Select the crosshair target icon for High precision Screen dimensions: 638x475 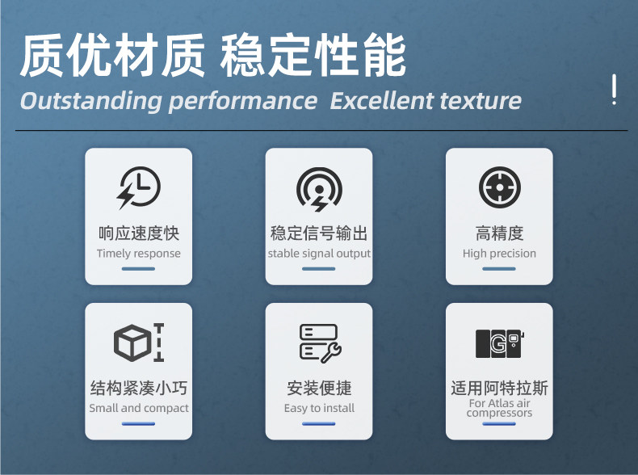500,187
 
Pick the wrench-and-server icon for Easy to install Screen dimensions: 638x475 321,343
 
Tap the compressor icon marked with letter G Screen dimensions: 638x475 500,343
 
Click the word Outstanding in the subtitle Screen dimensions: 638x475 91,101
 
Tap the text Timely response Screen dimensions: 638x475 139,254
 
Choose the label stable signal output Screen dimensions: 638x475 319,254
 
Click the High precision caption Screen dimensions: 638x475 499,254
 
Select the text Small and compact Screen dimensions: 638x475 139,408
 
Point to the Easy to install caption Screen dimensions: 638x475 320,408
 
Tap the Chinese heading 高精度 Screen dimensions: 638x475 499,233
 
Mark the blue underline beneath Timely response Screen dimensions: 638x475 138,269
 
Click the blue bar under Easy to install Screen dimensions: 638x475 318,424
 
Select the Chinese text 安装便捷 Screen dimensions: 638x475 320,388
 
